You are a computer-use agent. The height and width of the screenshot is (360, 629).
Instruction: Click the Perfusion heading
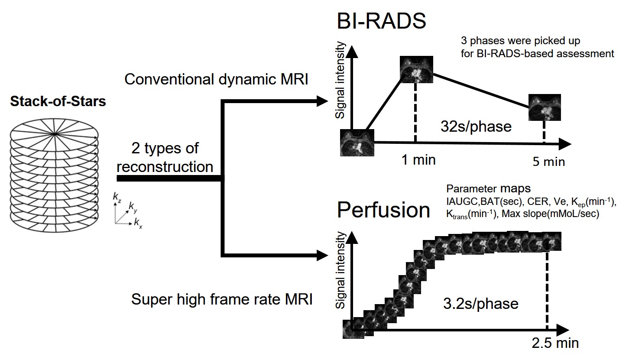point(383,210)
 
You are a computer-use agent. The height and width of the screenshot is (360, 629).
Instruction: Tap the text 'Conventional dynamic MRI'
point(216,79)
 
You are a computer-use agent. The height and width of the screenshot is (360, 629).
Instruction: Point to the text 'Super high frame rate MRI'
point(221,300)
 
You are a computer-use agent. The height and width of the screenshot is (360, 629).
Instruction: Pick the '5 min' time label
point(548,162)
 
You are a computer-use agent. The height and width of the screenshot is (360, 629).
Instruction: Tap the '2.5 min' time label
point(555,343)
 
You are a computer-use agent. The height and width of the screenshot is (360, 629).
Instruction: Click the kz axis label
point(117,198)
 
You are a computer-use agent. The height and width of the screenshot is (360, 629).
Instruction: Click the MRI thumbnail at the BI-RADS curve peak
point(416,70)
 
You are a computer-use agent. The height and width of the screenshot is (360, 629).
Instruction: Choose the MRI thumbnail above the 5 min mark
point(545,107)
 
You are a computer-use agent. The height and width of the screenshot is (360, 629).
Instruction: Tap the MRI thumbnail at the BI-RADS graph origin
point(357,143)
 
